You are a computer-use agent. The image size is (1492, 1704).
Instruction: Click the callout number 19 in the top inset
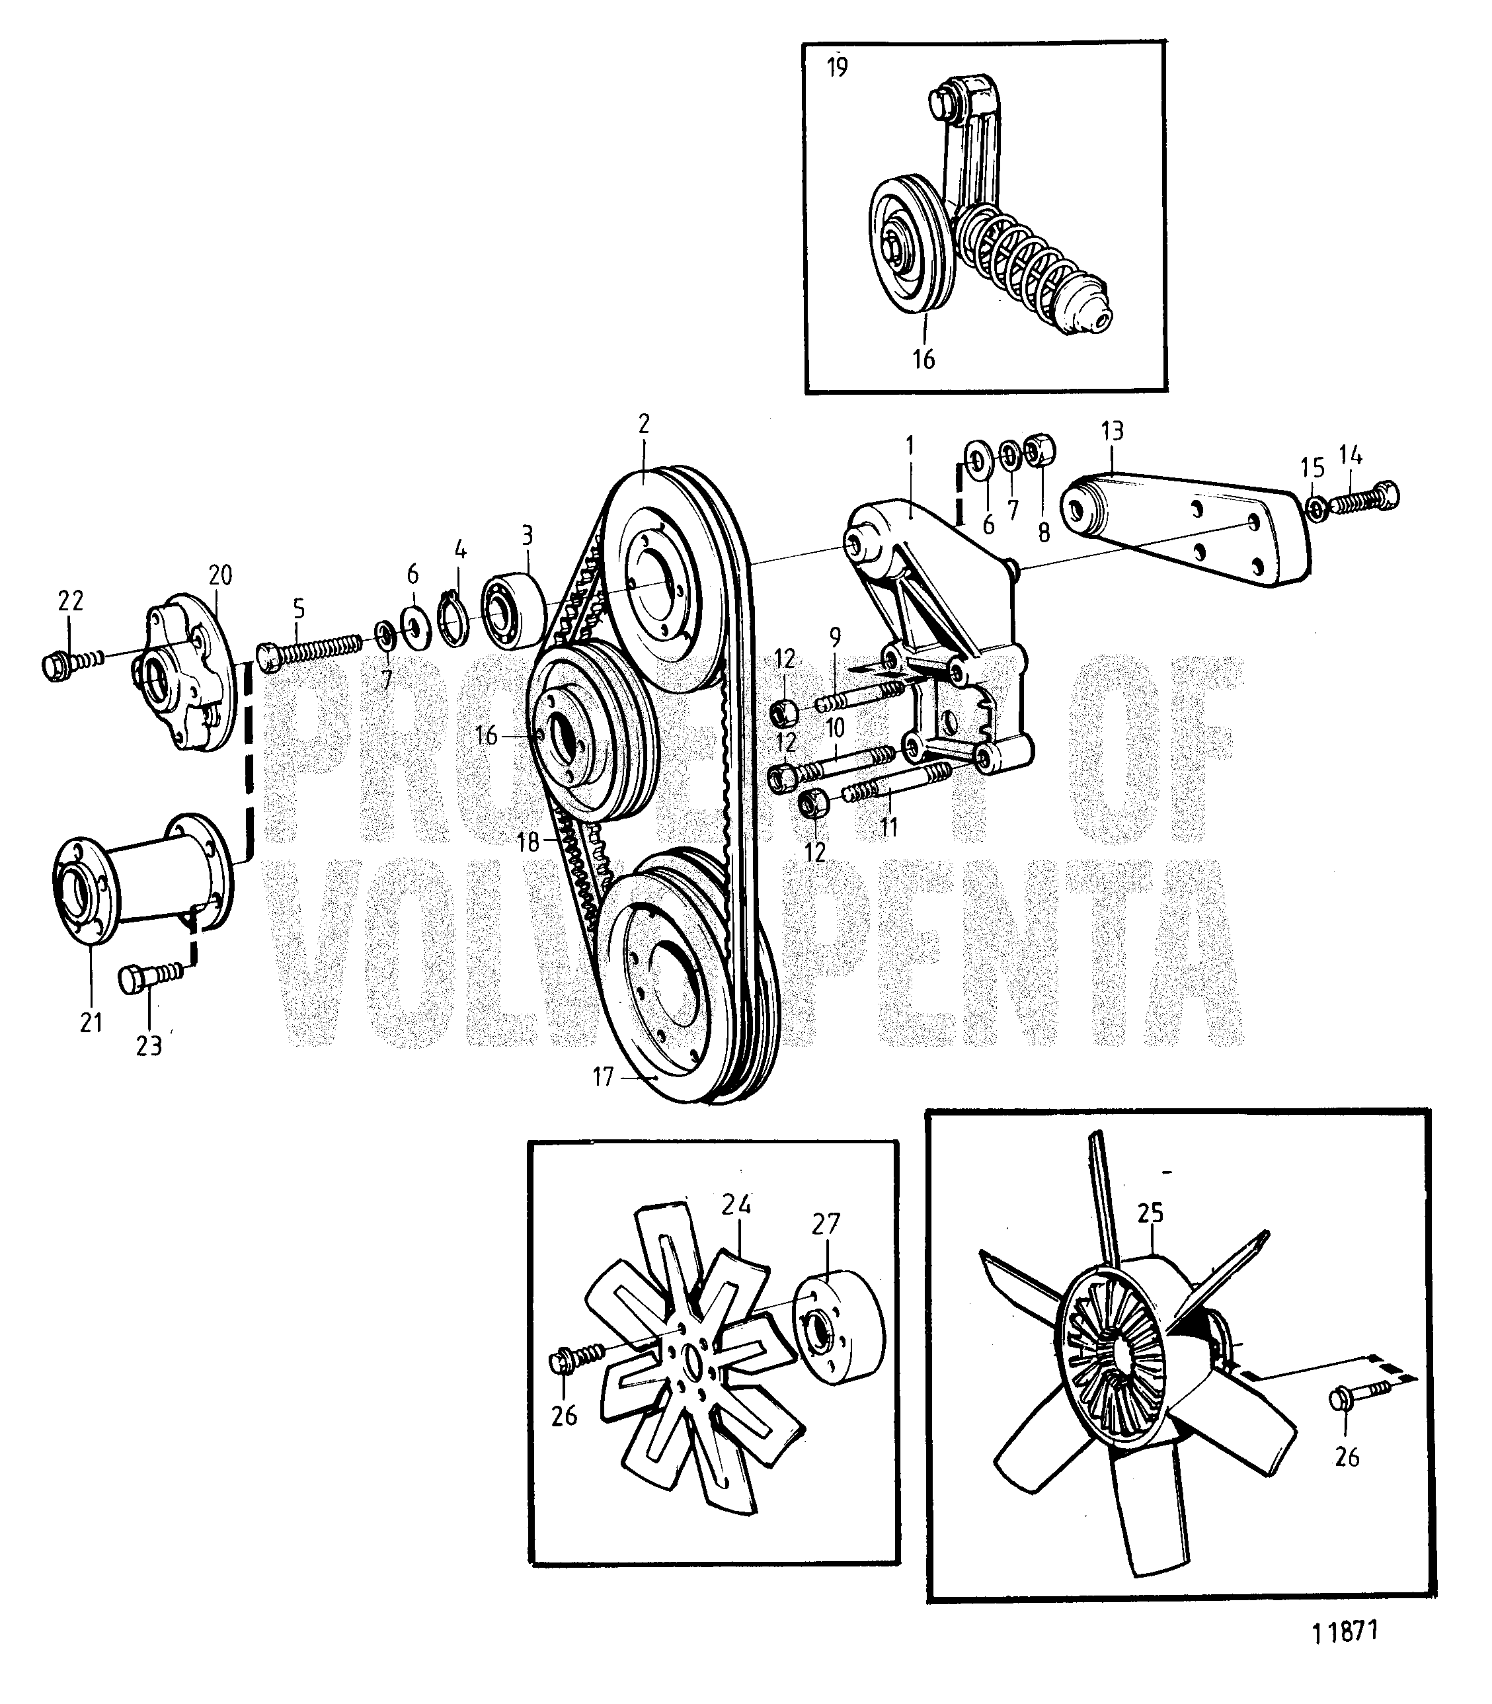[x=837, y=66]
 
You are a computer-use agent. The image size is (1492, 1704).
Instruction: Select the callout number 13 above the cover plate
[x=1111, y=431]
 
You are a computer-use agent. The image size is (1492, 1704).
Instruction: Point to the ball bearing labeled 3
[x=513, y=609]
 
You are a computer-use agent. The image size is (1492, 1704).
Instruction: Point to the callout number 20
[x=220, y=575]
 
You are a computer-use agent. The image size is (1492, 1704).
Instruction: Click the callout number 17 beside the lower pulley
[x=603, y=1078]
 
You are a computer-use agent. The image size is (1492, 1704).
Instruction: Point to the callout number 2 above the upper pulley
[x=644, y=423]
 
